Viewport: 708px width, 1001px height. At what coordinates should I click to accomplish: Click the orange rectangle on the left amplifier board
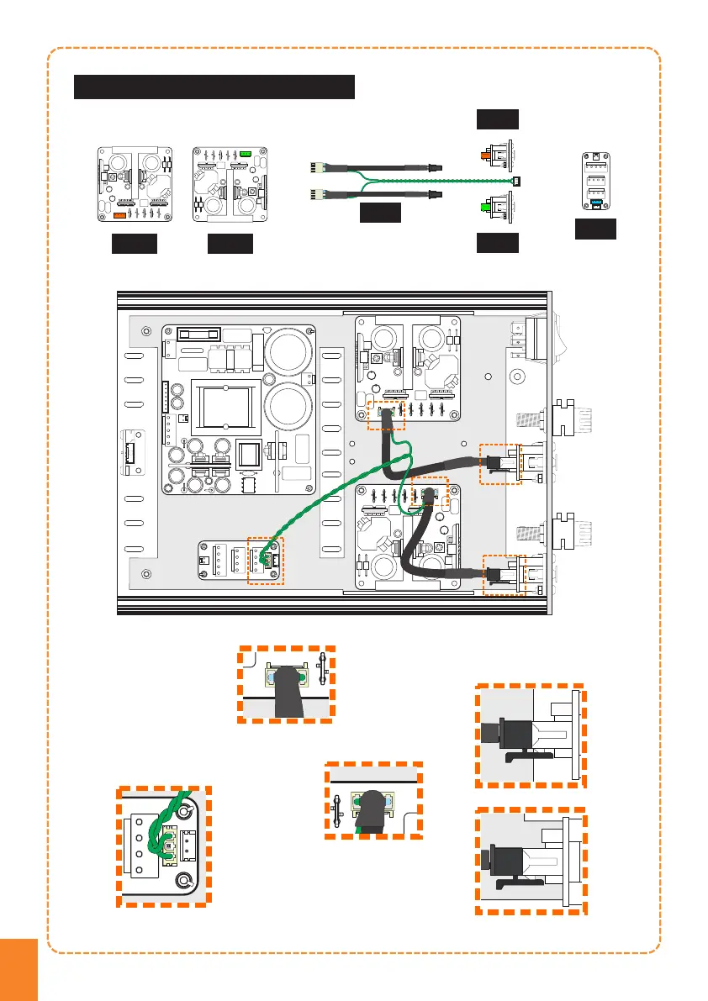[x=120, y=216]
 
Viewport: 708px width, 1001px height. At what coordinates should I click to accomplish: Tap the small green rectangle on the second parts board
[x=246, y=154]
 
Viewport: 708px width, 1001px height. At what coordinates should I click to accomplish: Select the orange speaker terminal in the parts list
[x=487, y=155]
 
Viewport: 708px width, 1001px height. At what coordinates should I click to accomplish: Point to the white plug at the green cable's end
[x=516, y=182]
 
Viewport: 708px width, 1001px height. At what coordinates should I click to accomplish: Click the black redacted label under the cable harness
[x=380, y=213]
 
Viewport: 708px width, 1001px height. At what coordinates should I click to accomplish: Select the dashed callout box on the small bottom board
[x=267, y=560]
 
